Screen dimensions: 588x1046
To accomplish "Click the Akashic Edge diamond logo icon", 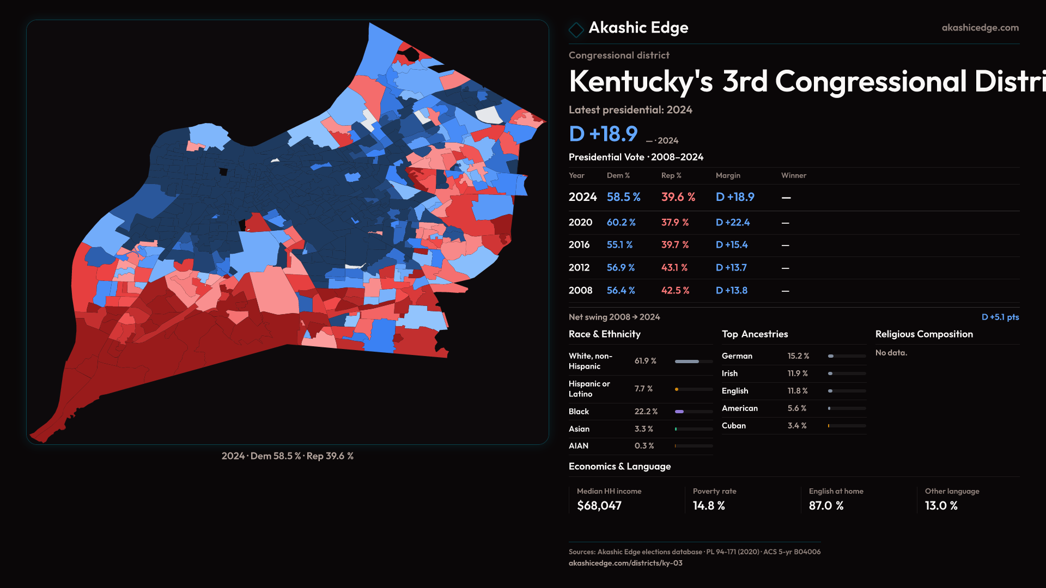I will tap(576, 29).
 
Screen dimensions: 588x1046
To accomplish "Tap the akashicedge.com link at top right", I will tap(980, 28).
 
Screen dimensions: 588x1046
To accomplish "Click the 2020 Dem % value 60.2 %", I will tap(621, 223).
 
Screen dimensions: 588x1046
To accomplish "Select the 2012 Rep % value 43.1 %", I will tap(674, 268).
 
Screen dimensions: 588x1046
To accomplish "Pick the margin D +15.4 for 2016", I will tap(731, 245).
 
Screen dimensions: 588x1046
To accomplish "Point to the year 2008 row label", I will tap(580, 291).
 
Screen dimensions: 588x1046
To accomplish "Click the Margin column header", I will tap(728, 175).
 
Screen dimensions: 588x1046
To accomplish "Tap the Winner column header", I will tap(793, 175).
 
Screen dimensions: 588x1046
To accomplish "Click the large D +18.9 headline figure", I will tap(603, 134).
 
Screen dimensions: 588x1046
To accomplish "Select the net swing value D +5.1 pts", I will tap(1000, 317).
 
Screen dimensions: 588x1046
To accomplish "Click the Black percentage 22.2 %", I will tap(646, 412).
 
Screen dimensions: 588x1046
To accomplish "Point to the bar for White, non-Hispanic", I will tap(693, 362).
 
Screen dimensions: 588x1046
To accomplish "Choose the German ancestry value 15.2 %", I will tap(798, 356).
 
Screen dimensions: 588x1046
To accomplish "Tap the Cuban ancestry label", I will tap(733, 426).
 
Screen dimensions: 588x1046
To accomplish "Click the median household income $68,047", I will tap(599, 506).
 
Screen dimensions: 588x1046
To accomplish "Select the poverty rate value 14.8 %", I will tap(708, 506).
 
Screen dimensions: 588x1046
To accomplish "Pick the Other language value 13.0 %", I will tap(941, 506).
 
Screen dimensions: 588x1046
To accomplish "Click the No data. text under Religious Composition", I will tap(891, 353).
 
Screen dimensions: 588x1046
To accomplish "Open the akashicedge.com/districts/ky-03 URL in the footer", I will tap(625, 563).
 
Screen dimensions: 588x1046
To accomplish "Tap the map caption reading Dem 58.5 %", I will tap(275, 456).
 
